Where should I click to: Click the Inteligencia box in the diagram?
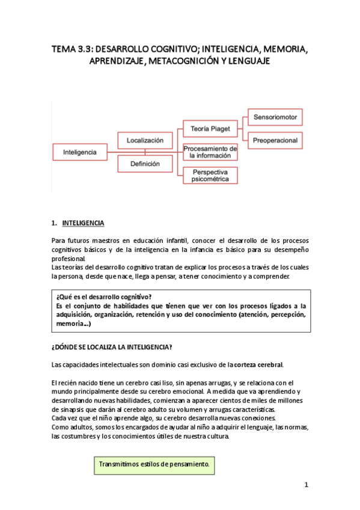tap(80, 152)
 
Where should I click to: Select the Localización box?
tap(145, 140)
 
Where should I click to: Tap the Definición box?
tap(145, 163)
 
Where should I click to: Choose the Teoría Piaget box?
tap(210, 129)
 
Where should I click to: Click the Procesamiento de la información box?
tap(210, 152)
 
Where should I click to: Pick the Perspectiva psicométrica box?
tap(210, 175)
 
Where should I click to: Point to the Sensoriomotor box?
tap(275, 117)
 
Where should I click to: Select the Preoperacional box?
tap(275, 140)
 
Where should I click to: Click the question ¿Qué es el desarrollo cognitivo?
tap(103, 296)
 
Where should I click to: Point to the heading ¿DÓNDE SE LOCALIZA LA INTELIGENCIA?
tap(112, 346)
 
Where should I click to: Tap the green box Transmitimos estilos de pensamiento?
tap(154, 464)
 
